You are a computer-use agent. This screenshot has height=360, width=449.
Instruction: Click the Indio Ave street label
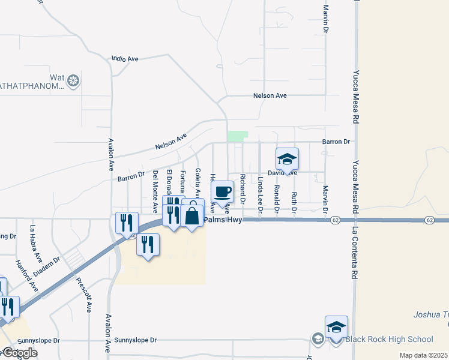[125, 59]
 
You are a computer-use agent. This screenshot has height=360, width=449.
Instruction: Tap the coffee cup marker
[222, 192]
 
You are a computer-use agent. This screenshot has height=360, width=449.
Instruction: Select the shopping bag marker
[192, 213]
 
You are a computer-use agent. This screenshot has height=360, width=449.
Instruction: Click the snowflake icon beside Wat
[73, 80]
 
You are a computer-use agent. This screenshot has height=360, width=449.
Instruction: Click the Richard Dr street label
[243, 188]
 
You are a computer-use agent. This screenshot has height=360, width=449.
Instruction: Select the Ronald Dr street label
[277, 199]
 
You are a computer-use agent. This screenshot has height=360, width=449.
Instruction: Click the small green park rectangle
[237, 136]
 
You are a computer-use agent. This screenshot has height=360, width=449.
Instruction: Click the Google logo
[19, 353]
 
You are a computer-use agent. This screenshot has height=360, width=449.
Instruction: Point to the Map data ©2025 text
[424, 355]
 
